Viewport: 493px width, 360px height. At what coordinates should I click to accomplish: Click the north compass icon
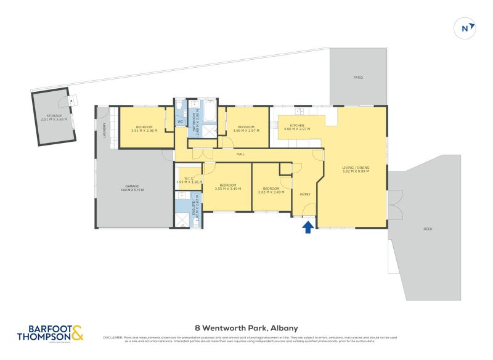(467, 27)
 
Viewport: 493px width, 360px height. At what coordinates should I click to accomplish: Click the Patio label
(358, 78)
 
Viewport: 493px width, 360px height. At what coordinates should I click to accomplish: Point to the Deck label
(428, 229)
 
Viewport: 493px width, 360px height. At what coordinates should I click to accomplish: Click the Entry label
(305, 194)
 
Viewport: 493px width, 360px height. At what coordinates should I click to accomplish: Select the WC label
(181, 121)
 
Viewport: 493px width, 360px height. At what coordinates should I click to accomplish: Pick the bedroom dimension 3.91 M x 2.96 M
(144, 131)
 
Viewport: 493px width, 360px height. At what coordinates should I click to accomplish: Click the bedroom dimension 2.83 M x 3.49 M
(271, 192)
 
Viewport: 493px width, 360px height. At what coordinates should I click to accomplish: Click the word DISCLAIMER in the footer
(113, 337)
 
